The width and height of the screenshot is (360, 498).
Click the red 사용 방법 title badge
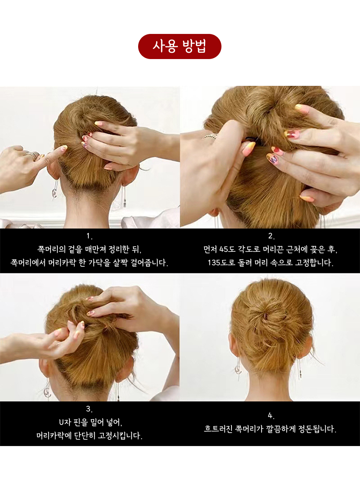[x=180, y=46]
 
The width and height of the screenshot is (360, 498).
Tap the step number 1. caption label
[x=90, y=236]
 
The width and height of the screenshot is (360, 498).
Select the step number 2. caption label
[x=271, y=236]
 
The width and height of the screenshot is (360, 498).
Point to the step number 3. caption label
[x=90, y=409]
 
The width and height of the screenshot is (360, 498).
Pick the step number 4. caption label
[x=271, y=416]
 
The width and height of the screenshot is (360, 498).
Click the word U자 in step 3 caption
[x=65, y=423]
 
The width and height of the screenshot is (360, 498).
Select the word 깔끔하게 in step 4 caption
[x=280, y=429]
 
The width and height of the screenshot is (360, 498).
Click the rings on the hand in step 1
[x=33, y=155]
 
